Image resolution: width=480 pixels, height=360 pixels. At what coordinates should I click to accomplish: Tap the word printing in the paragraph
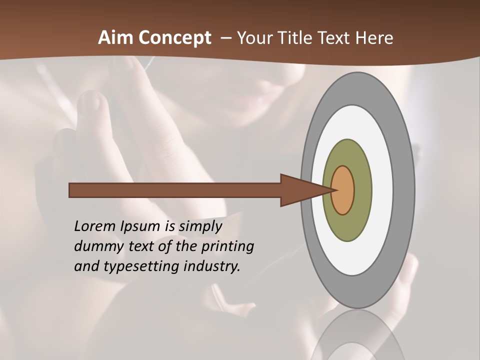pos(230,247)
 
